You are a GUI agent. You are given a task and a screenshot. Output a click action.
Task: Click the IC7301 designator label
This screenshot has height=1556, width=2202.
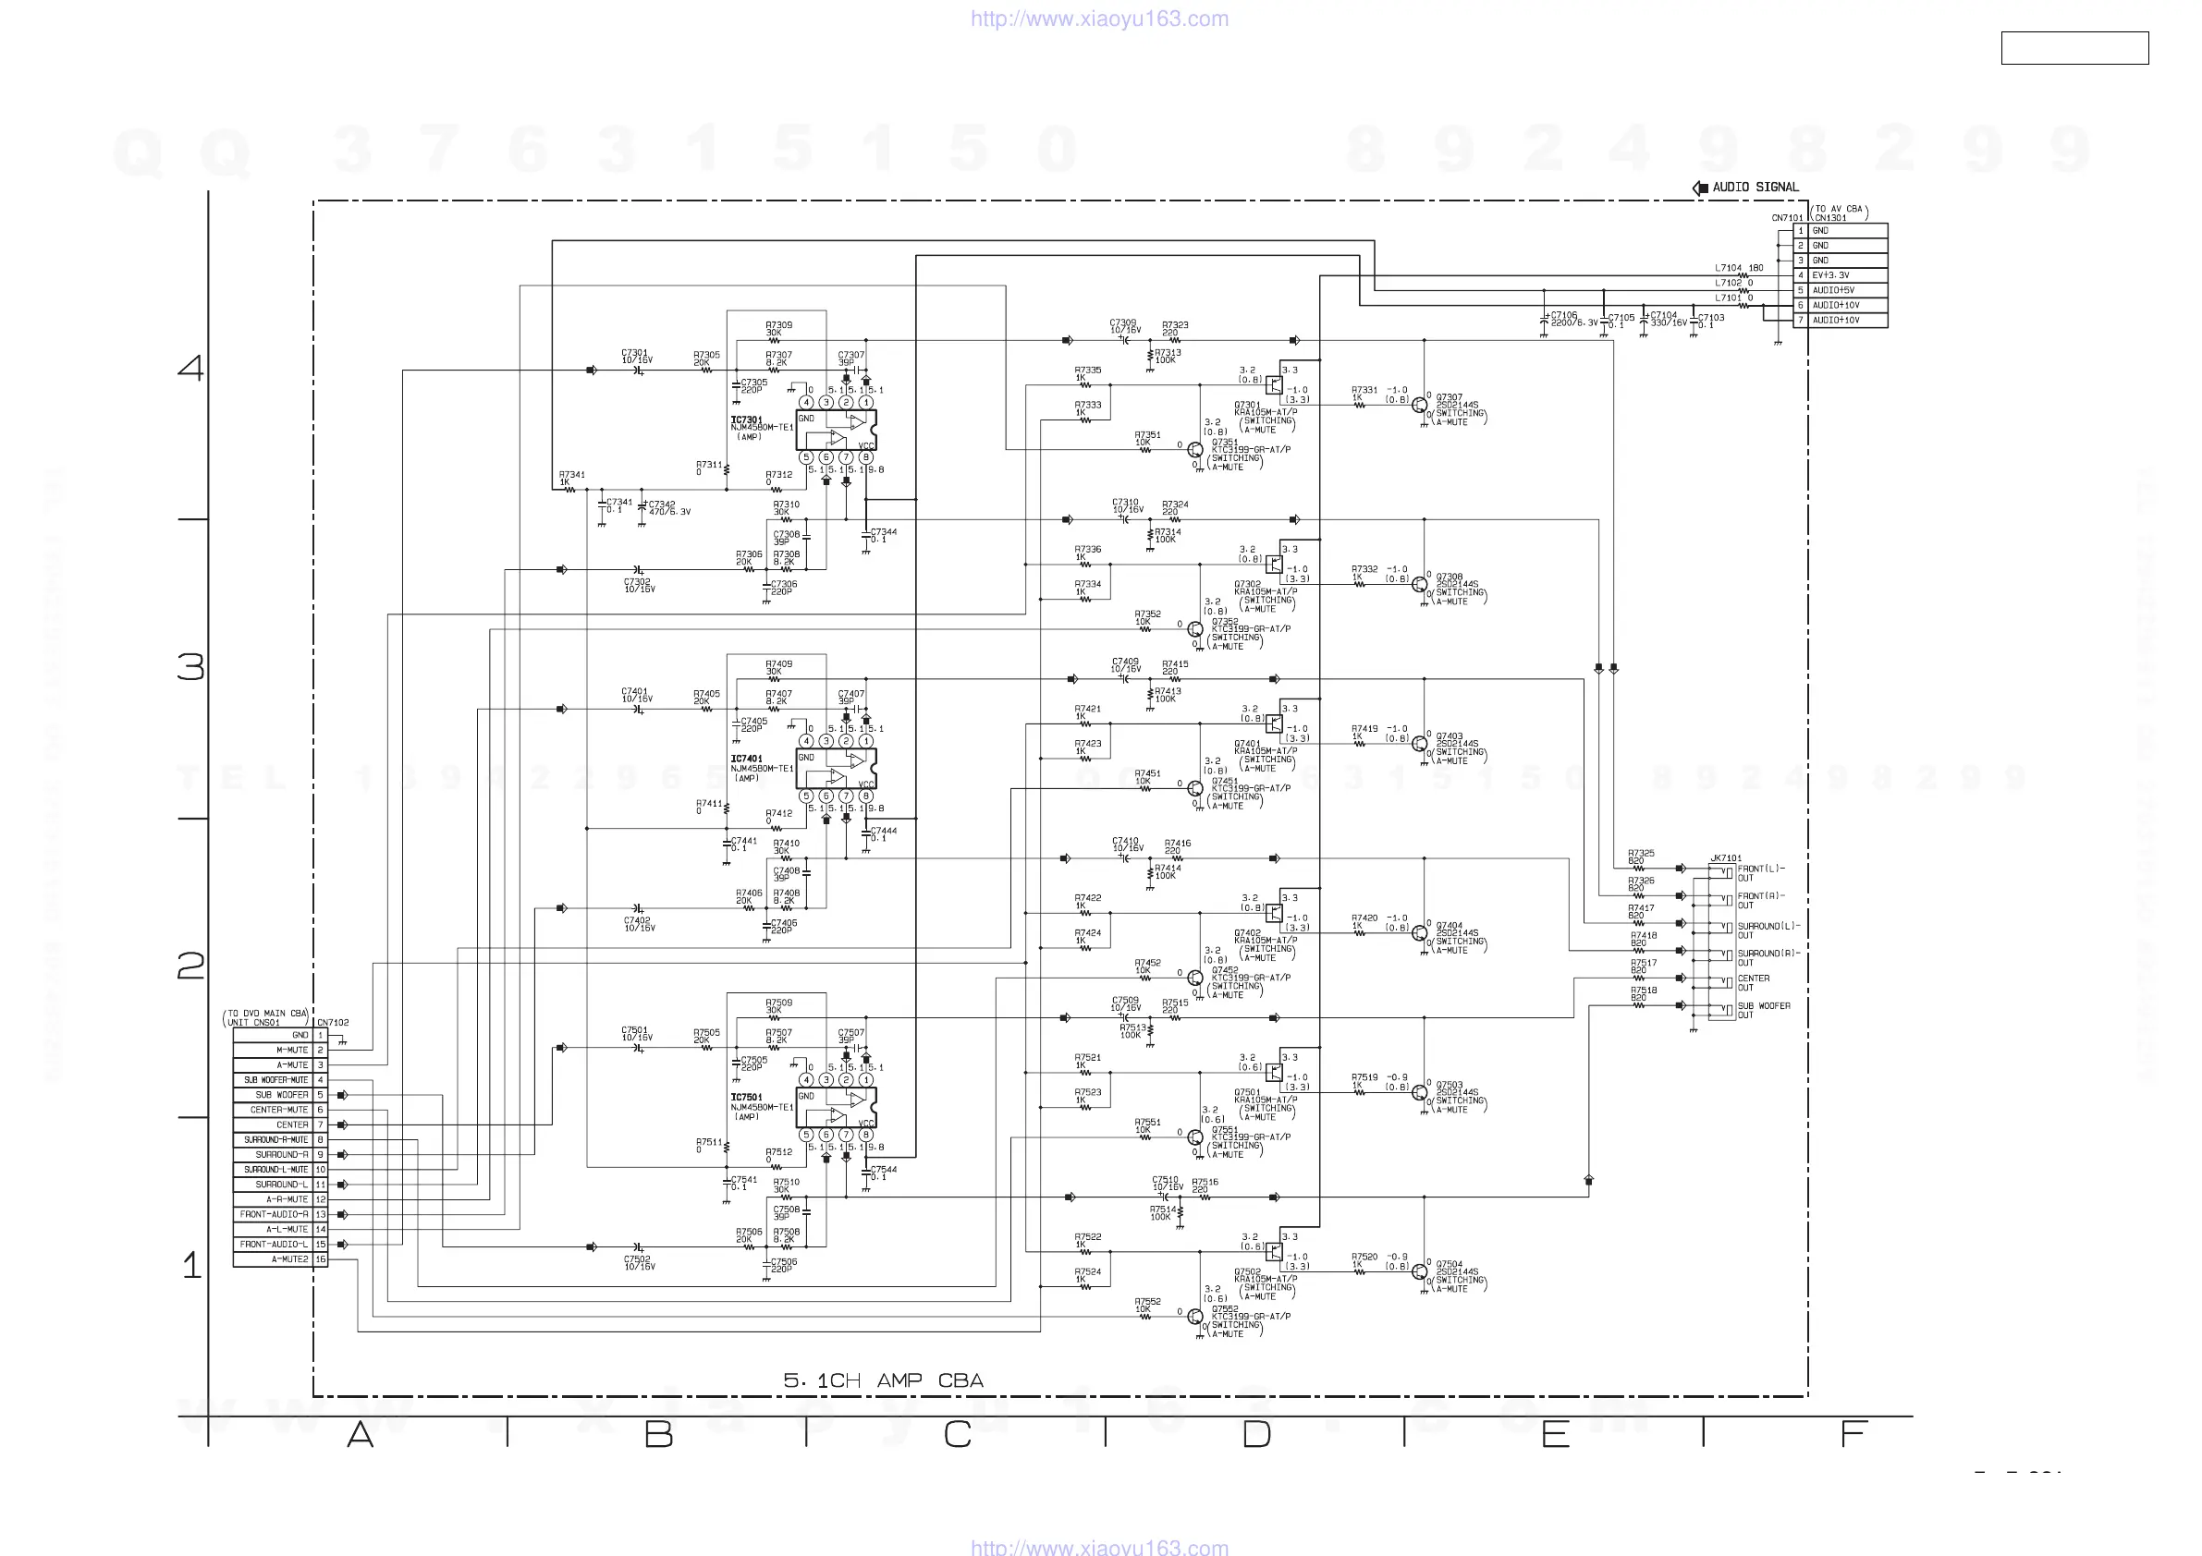click(x=746, y=419)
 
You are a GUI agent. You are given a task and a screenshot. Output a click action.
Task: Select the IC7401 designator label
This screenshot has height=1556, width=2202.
click(x=746, y=759)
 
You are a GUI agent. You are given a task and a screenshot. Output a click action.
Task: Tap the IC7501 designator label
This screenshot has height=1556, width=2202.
click(x=746, y=1097)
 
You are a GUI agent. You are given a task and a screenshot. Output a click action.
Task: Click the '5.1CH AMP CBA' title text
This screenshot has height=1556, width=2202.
click(x=883, y=1380)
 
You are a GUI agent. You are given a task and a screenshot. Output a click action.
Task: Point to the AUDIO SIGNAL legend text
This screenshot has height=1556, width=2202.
click(x=1755, y=187)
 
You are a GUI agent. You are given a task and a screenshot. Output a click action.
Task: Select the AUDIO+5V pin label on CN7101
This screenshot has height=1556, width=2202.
click(x=1833, y=289)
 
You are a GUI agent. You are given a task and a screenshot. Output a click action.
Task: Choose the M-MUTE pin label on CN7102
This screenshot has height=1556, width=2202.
click(x=291, y=1050)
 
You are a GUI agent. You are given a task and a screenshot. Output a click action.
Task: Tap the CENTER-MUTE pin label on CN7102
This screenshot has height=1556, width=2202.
click(x=279, y=1109)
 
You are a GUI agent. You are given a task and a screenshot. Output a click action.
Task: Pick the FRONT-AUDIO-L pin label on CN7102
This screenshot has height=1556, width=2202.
click(x=274, y=1244)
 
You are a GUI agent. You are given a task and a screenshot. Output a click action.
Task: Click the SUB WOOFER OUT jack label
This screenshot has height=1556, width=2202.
click(x=1763, y=1010)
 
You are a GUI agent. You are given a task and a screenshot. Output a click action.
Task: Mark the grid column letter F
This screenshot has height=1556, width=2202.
click(x=1853, y=1434)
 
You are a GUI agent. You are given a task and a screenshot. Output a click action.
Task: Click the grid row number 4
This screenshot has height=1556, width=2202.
click(x=190, y=367)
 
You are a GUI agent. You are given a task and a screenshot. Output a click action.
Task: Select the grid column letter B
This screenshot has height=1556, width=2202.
click(x=658, y=1434)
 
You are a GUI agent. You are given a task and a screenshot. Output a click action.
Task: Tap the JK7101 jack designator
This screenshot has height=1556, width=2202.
click(x=1725, y=858)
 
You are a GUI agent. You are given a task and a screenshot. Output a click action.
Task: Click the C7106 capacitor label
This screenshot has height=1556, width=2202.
click(x=1564, y=314)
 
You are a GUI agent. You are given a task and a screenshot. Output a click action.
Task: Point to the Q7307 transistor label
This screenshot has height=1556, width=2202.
click(x=1450, y=397)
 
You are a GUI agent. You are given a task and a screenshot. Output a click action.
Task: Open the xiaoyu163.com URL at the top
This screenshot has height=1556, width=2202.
click(x=1099, y=18)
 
